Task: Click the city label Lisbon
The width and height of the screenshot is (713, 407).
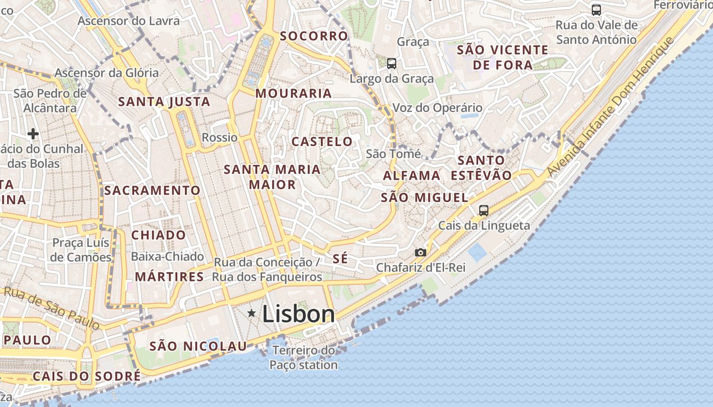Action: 298,314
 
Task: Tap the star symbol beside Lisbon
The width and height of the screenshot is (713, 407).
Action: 251,313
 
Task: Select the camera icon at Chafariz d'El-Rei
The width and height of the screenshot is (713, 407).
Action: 420,252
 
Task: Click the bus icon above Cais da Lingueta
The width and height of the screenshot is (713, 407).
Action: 483,210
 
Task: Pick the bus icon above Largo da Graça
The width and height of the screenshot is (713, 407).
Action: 391,64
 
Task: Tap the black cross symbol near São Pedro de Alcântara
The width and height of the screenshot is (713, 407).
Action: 33,134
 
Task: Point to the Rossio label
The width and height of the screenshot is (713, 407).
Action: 220,137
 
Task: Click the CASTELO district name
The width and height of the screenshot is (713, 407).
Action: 322,141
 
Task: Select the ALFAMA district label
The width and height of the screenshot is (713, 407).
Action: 411,176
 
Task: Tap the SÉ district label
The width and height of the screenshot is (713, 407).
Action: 340,258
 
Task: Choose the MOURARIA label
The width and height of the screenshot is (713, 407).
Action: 293,94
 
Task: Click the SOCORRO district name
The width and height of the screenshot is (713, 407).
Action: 314,36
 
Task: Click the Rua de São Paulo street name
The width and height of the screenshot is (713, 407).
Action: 51,307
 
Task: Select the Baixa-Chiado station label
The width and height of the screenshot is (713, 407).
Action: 167,256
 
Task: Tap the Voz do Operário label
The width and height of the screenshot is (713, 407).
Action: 437,108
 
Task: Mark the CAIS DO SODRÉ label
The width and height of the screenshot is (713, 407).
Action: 86,376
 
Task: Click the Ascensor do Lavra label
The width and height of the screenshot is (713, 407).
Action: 129,21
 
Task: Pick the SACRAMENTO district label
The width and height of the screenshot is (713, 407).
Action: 152,191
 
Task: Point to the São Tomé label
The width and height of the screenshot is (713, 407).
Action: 393,154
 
